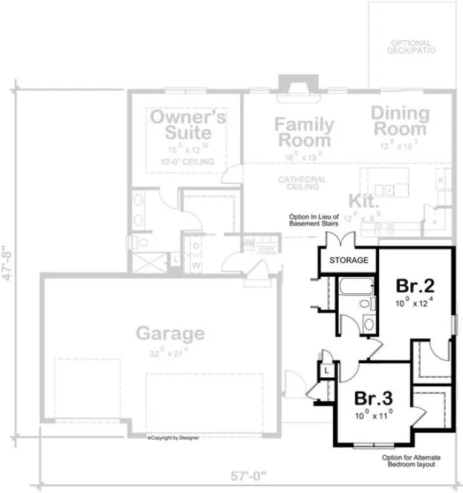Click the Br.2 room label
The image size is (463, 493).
click(415, 286)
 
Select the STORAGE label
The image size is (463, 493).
click(349, 261)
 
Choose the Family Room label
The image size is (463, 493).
click(303, 131)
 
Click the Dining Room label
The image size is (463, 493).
click(400, 121)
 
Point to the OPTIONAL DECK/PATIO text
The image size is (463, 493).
click(411, 46)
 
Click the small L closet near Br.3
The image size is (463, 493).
click(327, 370)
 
